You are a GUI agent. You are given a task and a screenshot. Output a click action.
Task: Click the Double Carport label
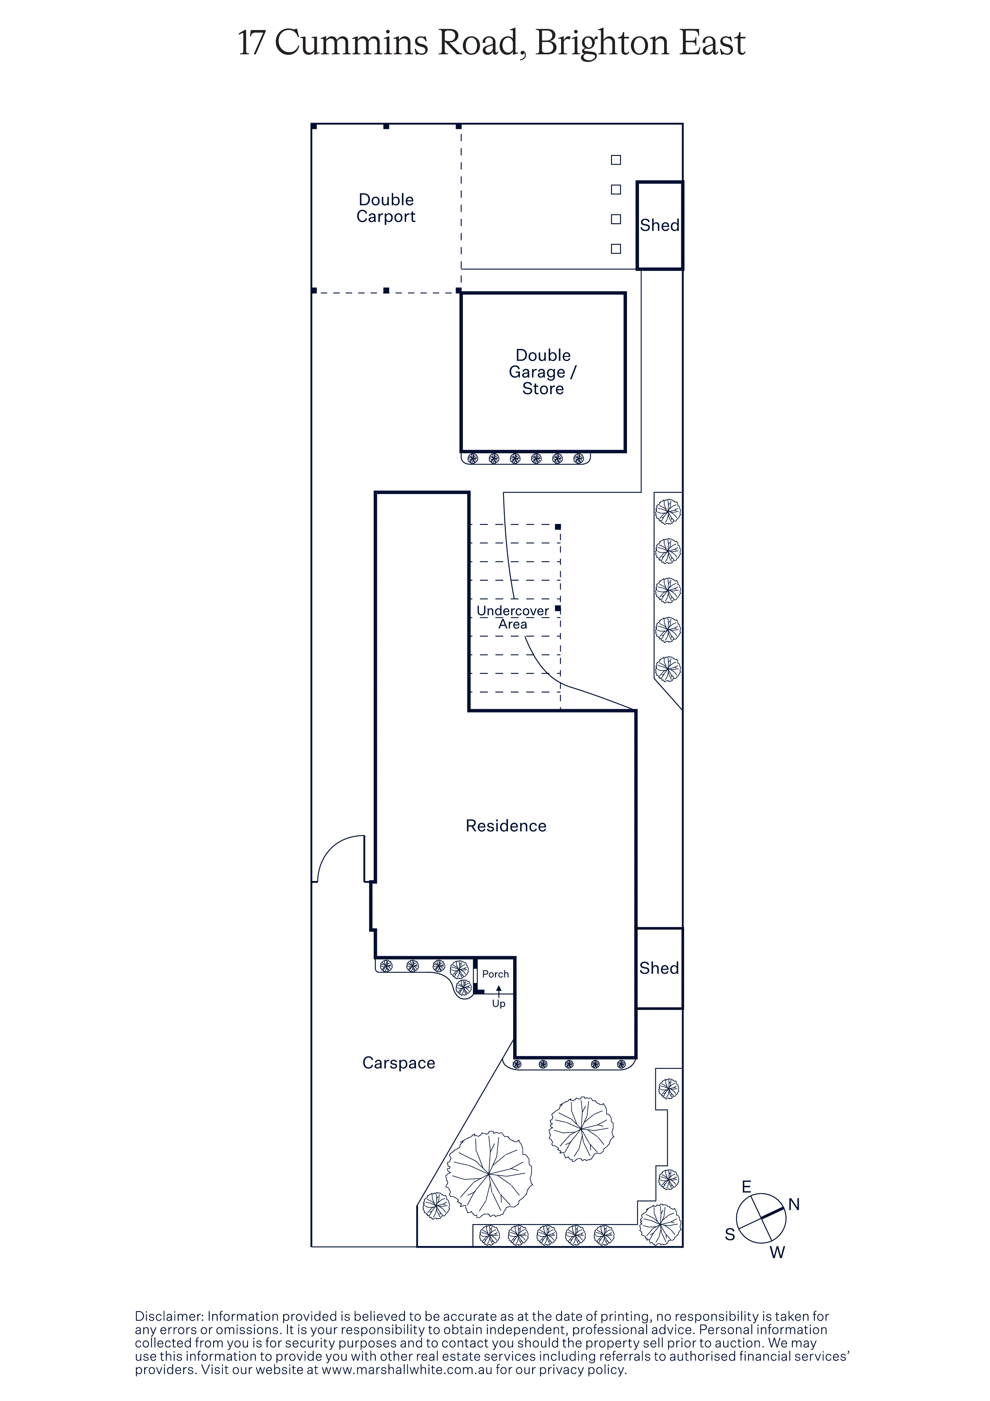tap(386, 208)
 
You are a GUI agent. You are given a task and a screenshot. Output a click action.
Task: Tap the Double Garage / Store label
tap(543, 371)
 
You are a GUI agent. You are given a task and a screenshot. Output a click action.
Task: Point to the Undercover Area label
tap(512, 617)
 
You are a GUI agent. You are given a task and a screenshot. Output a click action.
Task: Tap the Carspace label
tap(399, 1063)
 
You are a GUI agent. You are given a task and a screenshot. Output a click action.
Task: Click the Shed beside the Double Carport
tap(659, 225)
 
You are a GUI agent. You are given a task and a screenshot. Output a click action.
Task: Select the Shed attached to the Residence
tap(659, 968)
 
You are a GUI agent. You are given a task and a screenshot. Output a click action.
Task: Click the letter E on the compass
tap(746, 1187)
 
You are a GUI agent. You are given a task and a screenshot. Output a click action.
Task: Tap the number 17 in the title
tap(251, 43)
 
